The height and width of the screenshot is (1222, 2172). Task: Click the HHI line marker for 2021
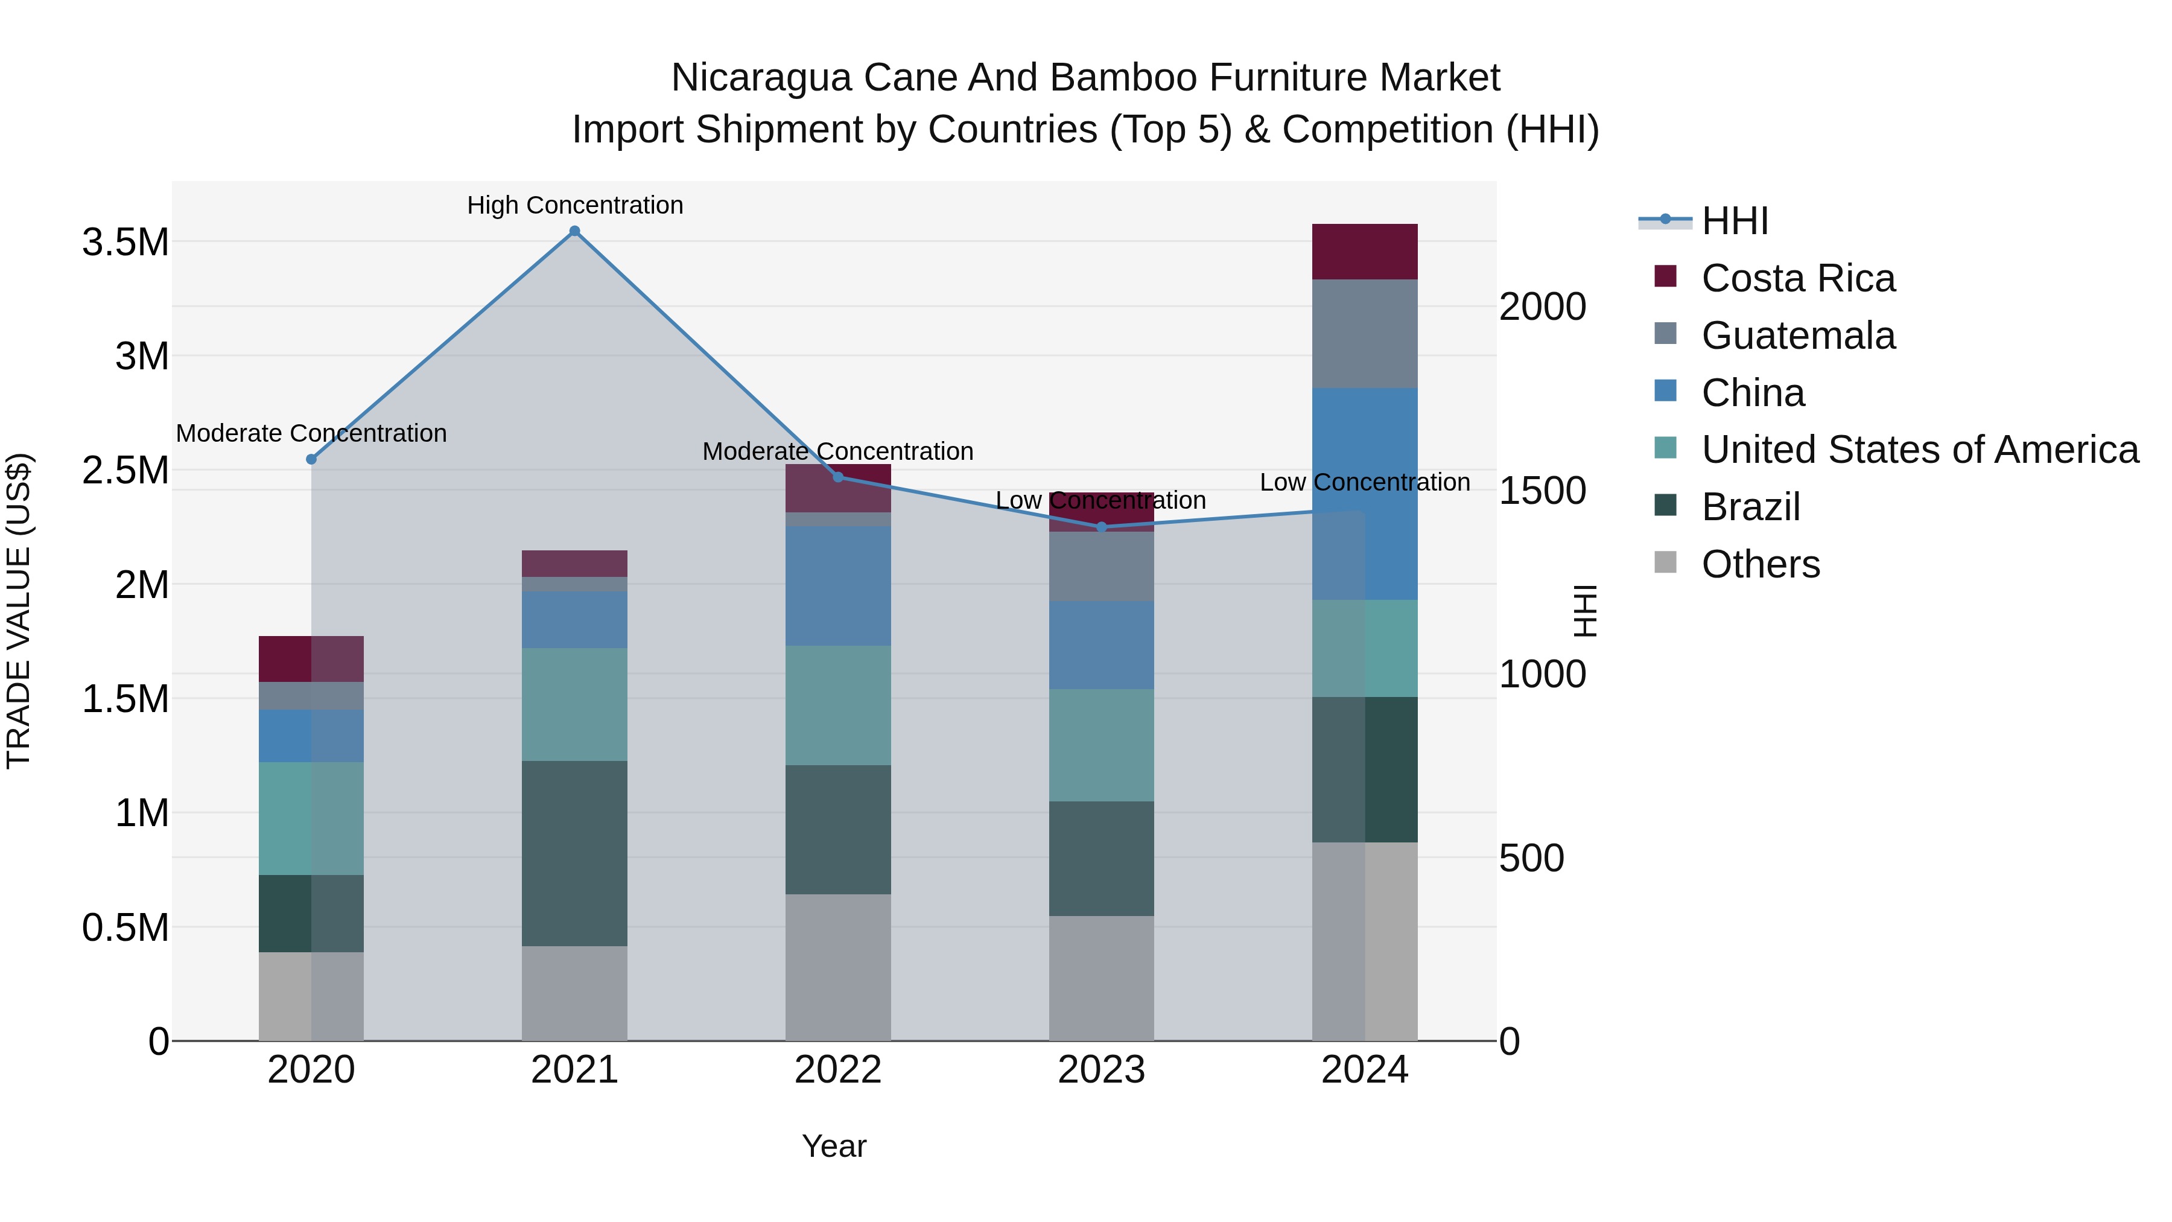pyautogui.click(x=574, y=231)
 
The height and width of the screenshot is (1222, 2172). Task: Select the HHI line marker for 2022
pyautogui.click(x=838, y=477)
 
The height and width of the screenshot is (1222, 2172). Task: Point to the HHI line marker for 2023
pyautogui.click(x=1101, y=527)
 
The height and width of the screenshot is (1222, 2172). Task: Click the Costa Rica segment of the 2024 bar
pyautogui.click(x=1364, y=251)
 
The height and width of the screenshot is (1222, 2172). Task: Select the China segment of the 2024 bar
pyautogui.click(x=1364, y=494)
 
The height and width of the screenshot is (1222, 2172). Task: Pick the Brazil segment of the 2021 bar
pyautogui.click(x=574, y=853)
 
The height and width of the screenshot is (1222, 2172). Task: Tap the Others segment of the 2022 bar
pyautogui.click(x=838, y=967)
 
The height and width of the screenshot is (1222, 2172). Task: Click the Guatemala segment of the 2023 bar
pyautogui.click(x=1101, y=566)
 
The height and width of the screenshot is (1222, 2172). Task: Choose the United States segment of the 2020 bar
pyautogui.click(x=311, y=818)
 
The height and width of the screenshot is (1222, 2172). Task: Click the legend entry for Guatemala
pyautogui.click(x=1798, y=336)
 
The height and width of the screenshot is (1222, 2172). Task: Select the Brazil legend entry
pyautogui.click(x=1750, y=507)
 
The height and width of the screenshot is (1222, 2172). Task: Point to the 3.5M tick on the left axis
pyautogui.click(x=125, y=243)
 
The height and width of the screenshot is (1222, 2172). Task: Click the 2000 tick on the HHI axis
pyautogui.click(x=1542, y=307)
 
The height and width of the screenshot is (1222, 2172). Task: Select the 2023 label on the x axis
pyautogui.click(x=1101, y=1070)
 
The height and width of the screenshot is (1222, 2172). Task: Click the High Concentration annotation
pyautogui.click(x=575, y=206)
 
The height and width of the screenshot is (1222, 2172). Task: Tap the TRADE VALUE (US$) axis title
pyautogui.click(x=19, y=611)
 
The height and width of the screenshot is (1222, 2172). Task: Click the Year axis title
pyautogui.click(x=834, y=1146)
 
